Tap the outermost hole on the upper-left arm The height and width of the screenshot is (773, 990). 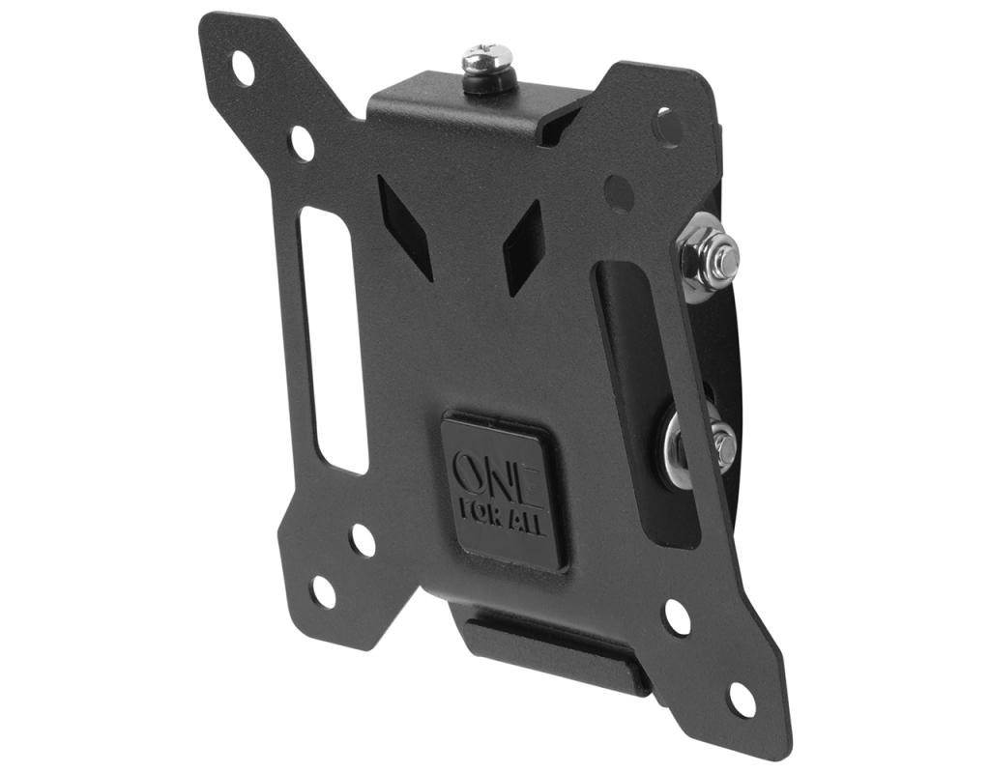(244, 69)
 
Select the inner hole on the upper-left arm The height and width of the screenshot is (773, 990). (303, 143)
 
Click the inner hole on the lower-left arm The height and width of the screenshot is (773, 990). (364, 540)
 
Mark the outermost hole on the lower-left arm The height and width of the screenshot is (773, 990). (324, 592)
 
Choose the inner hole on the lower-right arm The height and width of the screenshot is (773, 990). (678, 617)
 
